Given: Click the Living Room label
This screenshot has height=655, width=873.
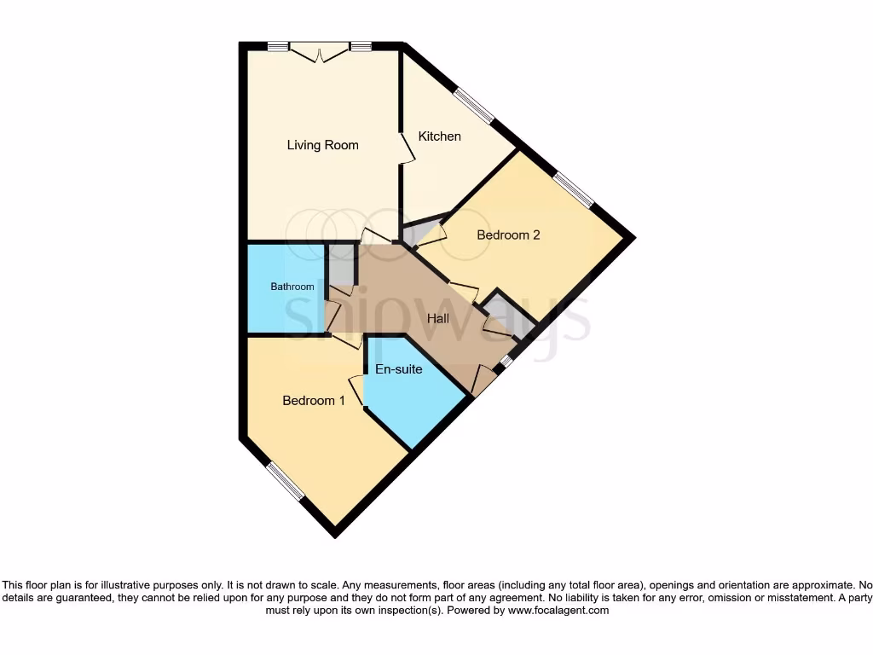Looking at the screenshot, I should tap(322, 145).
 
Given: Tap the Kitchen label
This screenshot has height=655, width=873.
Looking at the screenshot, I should tap(439, 136).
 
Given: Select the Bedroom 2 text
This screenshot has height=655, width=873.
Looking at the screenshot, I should tap(508, 235).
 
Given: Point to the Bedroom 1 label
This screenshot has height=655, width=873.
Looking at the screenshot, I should tap(314, 400).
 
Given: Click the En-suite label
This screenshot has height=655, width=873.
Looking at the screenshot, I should tap(399, 369).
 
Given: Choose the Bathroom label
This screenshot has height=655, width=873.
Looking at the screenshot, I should tap(292, 287).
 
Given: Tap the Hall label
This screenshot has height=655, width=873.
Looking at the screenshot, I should tap(438, 318).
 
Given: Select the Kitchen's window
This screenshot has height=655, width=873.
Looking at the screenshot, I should tap(473, 107).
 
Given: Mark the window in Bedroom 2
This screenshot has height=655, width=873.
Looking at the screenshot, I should tap(572, 189).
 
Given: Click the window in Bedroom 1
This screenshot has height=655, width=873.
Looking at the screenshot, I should tap(285, 482).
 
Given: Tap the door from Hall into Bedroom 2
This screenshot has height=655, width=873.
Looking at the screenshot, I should tap(463, 289).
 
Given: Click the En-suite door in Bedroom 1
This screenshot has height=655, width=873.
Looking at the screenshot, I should tap(356, 391).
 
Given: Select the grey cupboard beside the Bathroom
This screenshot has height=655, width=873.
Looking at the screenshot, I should tap(342, 264).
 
